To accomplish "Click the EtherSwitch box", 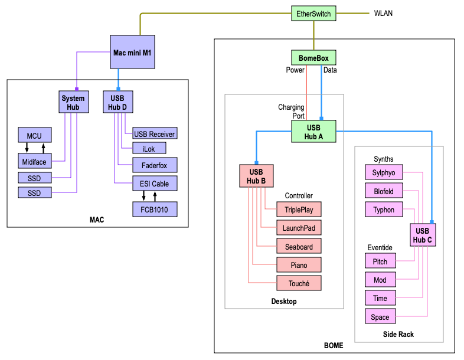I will (x=314, y=14).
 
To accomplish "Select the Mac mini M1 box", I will (x=132, y=53).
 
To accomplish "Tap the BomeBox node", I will (x=313, y=58).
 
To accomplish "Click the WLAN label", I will (x=383, y=14).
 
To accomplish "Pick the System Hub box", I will (x=73, y=102).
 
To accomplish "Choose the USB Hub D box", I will (x=118, y=102).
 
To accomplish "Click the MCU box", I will (x=34, y=136).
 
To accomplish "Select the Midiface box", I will (x=34, y=160).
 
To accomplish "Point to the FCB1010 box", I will (x=154, y=210).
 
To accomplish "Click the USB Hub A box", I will (x=313, y=132).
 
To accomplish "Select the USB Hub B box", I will (x=256, y=176).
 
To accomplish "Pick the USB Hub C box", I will (x=422, y=235).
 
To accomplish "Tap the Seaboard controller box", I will (x=299, y=247).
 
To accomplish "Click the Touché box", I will (x=299, y=283).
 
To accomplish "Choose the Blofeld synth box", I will (x=384, y=191).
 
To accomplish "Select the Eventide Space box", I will (x=380, y=317).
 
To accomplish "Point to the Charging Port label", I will (x=291, y=112).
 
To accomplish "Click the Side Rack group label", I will (x=398, y=335).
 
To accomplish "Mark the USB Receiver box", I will (x=154, y=134).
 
